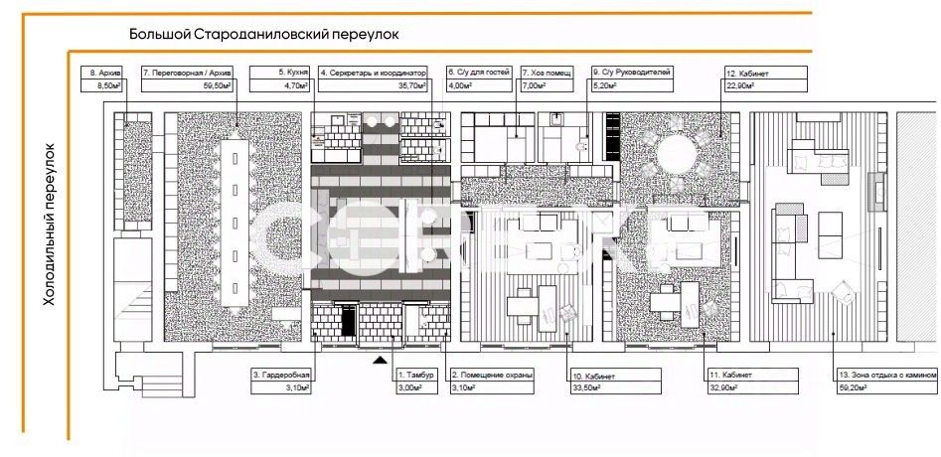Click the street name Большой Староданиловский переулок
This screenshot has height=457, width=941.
click(263, 34)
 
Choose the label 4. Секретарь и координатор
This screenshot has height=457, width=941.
click(374, 73)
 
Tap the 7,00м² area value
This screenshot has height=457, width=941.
click(534, 86)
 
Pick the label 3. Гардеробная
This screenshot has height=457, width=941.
click(282, 375)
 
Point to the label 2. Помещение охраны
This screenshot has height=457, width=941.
click(494, 375)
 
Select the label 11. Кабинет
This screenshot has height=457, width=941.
click(732, 375)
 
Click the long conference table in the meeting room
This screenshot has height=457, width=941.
click(237, 224)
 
